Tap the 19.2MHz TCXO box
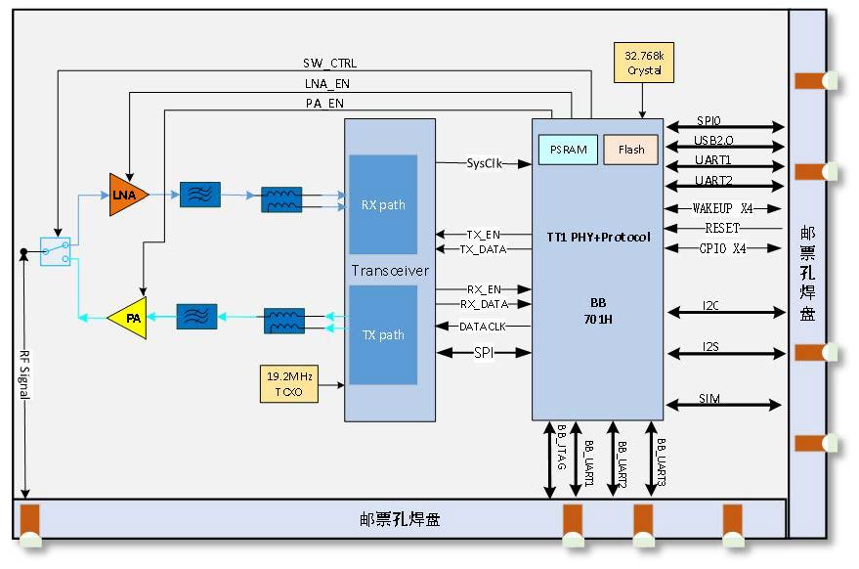(288, 384)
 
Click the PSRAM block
(568, 150)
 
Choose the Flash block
(630, 150)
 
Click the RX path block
(383, 204)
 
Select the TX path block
(383, 334)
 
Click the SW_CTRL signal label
(329, 64)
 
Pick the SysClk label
(484, 163)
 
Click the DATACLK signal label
(483, 326)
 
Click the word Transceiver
(390, 270)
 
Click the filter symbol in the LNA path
(200, 195)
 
